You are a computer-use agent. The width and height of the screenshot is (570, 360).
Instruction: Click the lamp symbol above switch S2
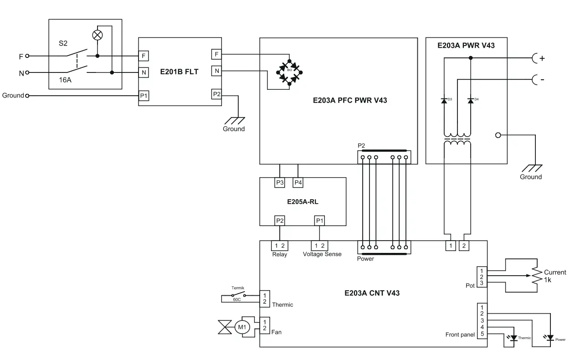pyautogui.click(x=98, y=35)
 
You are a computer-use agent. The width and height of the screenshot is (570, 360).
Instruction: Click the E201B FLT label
pyautogui.click(x=180, y=72)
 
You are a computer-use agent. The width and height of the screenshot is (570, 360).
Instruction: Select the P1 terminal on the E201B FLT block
pyautogui.click(x=144, y=96)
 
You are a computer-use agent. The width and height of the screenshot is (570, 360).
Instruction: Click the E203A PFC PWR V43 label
pyautogui.click(x=349, y=100)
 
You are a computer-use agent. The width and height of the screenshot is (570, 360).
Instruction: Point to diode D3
pyautogui.click(x=444, y=100)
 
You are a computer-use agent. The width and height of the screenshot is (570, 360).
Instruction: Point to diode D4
pyautogui.click(x=470, y=100)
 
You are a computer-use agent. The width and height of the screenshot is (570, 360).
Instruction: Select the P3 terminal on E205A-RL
pyautogui.click(x=280, y=183)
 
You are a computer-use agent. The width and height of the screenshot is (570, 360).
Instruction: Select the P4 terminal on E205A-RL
pyautogui.click(x=298, y=183)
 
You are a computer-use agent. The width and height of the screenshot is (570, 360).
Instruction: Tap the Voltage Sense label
pyautogui.click(x=322, y=254)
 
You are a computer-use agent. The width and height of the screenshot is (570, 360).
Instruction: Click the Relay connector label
pyautogui.click(x=279, y=254)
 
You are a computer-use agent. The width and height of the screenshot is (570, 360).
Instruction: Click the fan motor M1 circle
pyautogui.click(x=242, y=327)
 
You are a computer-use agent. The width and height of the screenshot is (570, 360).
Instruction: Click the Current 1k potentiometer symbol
pyautogui.click(x=536, y=275)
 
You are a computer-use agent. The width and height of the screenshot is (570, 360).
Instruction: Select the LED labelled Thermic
pyautogui.click(x=514, y=338)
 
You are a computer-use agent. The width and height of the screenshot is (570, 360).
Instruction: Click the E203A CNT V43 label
pyautogui.click(x=372, y=293)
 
